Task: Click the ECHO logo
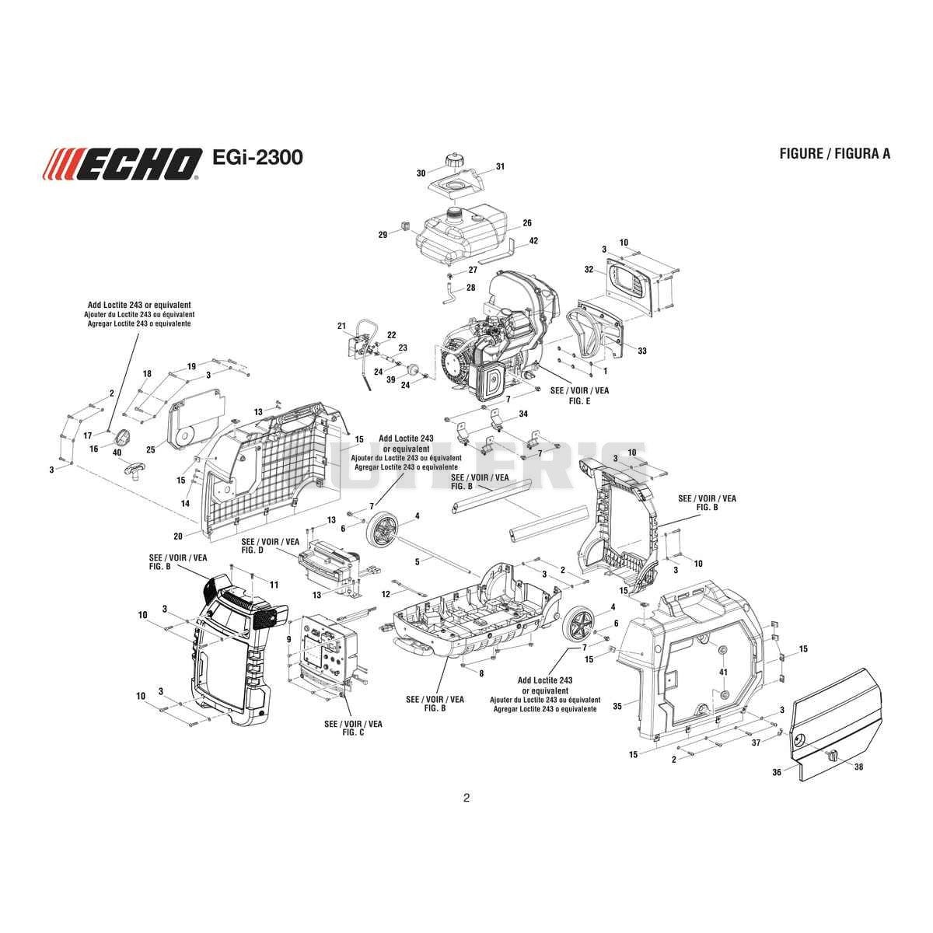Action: (122, 163)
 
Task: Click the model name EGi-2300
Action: (257, 157)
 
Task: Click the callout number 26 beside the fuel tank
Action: (527, 222)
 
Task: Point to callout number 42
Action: (533, 240)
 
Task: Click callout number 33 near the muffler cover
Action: (642, 351)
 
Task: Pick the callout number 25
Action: (151, 450)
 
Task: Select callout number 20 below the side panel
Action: (178, 536)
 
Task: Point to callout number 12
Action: (386, 594)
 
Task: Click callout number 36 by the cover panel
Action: (777, 772)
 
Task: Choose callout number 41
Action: (723, 672)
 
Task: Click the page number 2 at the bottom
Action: (466, 798)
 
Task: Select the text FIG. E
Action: (579, 400)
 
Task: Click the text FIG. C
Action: (353, 732)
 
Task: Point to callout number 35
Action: (617, 707)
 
